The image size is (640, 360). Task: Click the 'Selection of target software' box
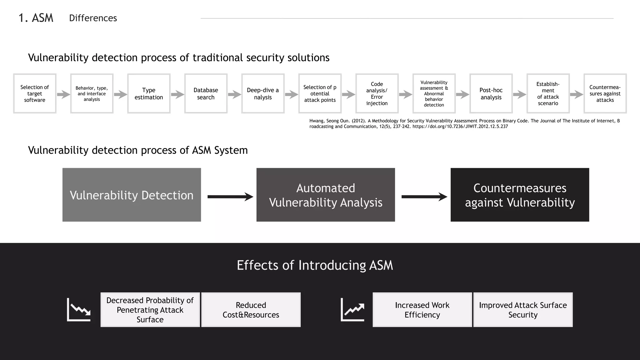[x=35, y=93]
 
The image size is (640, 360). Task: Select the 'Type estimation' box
[x=149, y=93]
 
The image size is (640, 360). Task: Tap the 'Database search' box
[x=206, y=93]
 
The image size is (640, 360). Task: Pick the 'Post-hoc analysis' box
[x=491, y=93]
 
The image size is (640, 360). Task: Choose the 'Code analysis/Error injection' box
[x=377, y=93]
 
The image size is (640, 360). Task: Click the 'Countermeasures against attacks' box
[x=605, y=93]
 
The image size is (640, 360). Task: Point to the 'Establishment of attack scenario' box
[x=548, y=93]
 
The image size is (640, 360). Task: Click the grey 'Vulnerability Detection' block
[x=132, y=195]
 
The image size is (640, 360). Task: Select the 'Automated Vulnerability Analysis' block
[x=326, y=195]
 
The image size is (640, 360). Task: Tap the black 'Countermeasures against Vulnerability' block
[x=520, y=195]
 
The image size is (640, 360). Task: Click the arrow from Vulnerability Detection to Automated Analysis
[x=230, y=197]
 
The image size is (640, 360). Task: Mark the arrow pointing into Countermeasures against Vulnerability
[x=424, y=197]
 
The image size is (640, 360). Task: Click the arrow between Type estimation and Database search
[x=177, y=94]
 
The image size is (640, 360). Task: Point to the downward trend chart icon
[x=79, y=309]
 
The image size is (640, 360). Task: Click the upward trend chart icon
[x=352, y=309]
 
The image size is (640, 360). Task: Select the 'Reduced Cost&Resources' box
[x=251, y=310]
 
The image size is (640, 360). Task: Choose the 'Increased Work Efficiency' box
[x=422, y=310]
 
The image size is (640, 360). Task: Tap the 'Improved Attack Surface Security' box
[x=523, y=310]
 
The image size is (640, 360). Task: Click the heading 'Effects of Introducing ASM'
[x=315, y=265]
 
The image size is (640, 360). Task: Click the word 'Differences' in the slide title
[x=93, y=18]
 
